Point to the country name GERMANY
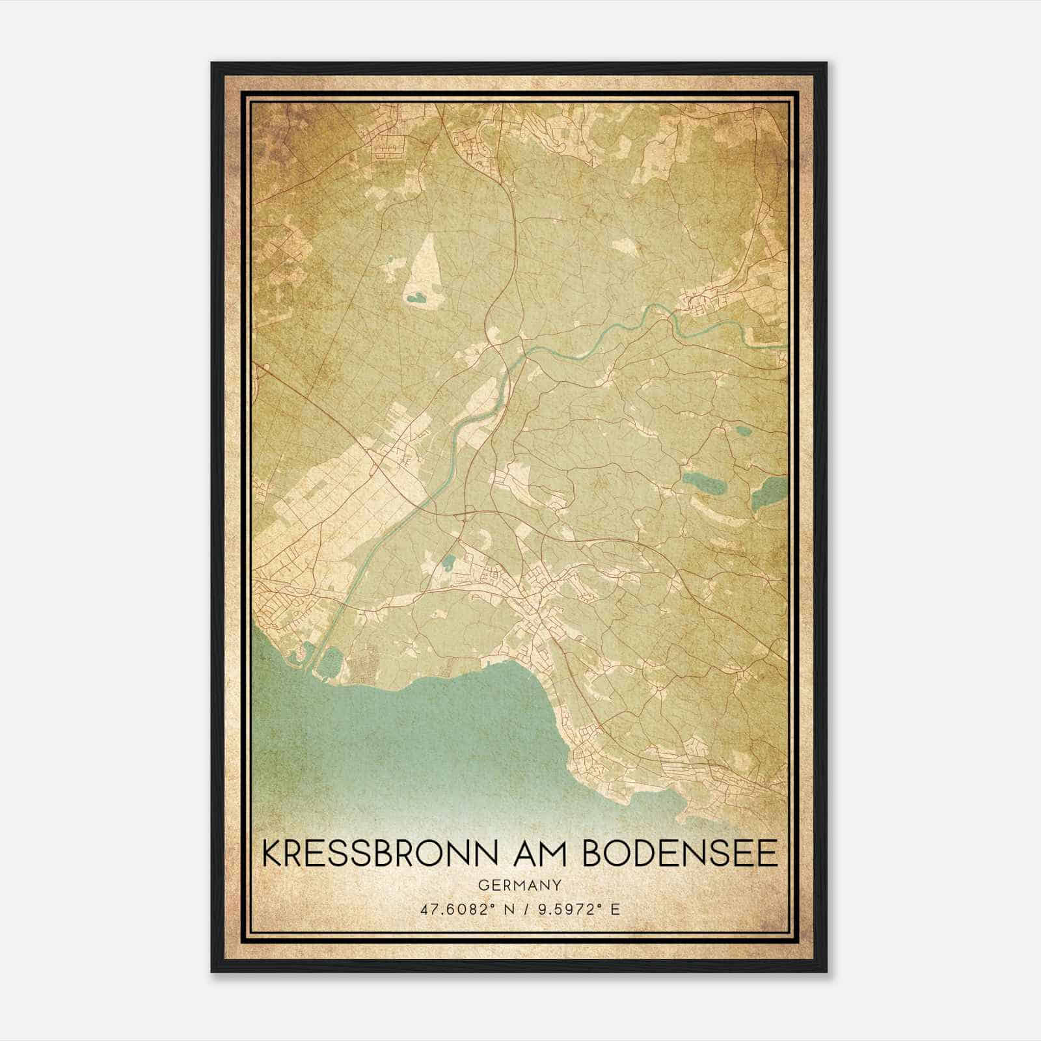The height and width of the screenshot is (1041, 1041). pyautogui.click(x=519, y=885)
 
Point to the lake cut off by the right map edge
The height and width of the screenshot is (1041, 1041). pyautogui.click(x=768, y=493)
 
